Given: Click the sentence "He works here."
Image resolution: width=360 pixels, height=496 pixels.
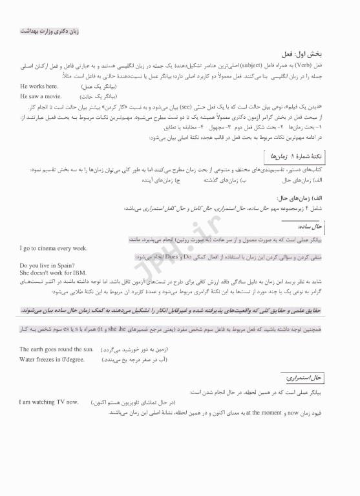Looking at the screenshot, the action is coord(39,86).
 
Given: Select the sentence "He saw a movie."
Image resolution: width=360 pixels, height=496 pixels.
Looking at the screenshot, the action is coord(41,96).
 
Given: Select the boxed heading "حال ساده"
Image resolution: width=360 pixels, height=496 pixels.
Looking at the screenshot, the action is coord(327,227).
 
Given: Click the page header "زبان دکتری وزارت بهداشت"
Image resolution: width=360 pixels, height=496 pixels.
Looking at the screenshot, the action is coord(49,30).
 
